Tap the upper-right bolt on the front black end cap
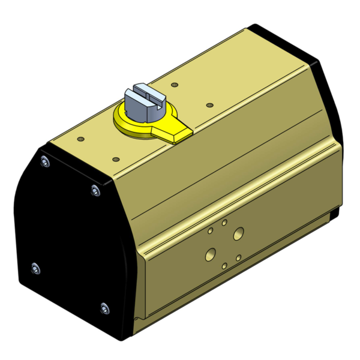pyautogui.click(x=95, y=190)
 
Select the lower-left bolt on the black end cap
pyautogui.click(x=35, y=267)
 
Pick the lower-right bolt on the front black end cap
pyautogui.click(x=106, y=309)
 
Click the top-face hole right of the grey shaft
pyautogui.click(x=209, y=105)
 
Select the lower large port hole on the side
pyautogui.click(x=210, y=253)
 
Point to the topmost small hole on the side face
pyautogui.click(x=224, y=223)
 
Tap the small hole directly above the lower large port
pyautogui.click(x=209, y=230)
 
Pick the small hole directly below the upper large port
pyautogui.click(x=239, y=257)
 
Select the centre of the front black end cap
pyautogui.click(x=69, y=240)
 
